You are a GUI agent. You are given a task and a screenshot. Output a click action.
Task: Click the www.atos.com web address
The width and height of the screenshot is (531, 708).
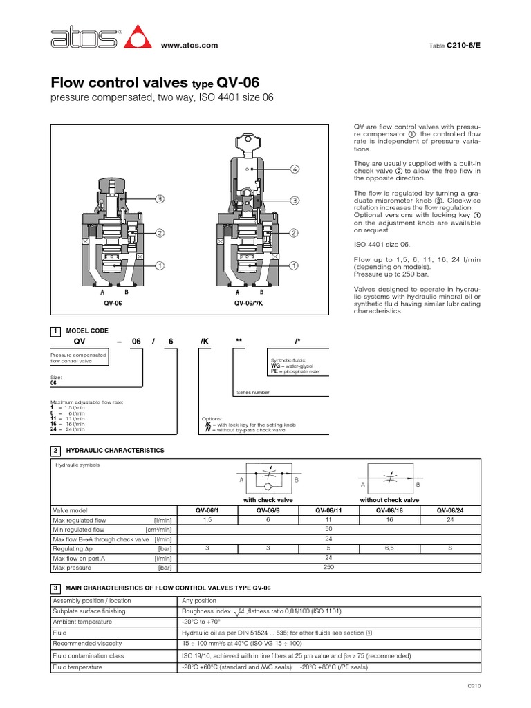coord(189,46)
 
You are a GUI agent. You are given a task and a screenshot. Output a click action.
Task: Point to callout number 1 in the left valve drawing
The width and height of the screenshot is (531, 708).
coord(160,265)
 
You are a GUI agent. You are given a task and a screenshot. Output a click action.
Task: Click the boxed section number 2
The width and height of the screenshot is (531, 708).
coord(55,450)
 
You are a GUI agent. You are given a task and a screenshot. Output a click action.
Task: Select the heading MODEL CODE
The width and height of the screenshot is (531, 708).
coord(86,331)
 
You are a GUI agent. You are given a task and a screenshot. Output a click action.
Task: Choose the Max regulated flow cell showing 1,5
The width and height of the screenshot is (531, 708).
coord(207,519)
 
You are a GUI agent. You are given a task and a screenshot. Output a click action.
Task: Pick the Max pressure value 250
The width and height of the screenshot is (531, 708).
coord(328,568)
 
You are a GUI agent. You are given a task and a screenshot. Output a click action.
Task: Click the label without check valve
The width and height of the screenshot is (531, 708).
coord(389,499)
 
